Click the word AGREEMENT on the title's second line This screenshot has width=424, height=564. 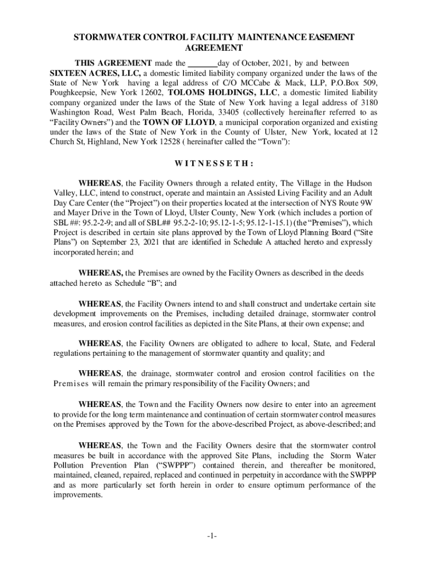pyautogui.click(x=212, y=48)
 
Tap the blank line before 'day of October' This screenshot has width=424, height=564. pyautogui.click(x=203, y=63)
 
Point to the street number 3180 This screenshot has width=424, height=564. pyautogui.click(x=367, y=102)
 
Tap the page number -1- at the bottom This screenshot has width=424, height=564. pyautogui.click(x=213, y=536)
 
